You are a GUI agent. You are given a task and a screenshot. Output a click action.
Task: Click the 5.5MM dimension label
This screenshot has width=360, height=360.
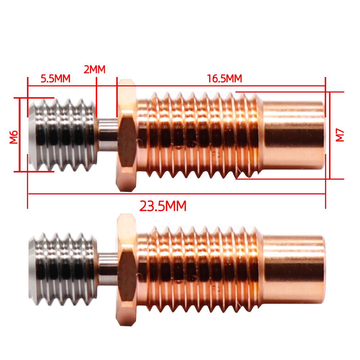55,78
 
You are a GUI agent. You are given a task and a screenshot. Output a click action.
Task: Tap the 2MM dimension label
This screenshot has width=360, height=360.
94,69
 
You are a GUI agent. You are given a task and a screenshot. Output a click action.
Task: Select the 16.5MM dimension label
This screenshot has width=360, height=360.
224,78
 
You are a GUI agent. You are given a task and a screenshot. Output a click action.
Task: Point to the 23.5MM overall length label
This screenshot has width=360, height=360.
163,206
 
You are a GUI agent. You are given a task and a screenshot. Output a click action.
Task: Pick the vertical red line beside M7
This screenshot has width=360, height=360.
329,135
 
